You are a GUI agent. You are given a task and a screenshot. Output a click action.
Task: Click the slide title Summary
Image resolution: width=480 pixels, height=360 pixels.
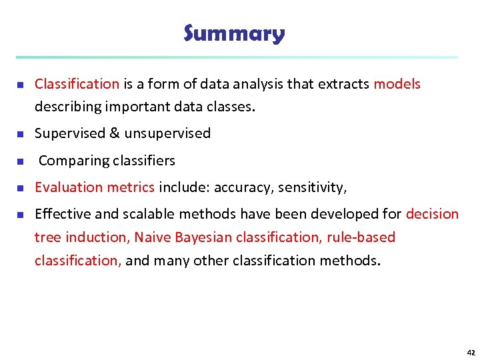tap(234, 33)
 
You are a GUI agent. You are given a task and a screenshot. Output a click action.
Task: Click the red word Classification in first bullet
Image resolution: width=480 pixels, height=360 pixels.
tap(77, 84)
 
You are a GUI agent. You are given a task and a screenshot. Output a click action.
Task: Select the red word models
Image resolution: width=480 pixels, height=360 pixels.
tap(397, 84)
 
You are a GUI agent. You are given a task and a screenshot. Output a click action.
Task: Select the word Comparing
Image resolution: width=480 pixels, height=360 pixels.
tap(68, 161)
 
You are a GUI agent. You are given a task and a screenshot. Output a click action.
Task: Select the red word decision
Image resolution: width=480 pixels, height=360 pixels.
tap(432, 214)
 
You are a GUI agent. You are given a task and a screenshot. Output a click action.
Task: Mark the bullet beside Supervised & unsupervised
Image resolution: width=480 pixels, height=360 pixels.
tap(20, 134)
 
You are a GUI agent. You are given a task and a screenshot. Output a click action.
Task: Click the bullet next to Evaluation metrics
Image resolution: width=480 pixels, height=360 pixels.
tap(20, 188)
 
